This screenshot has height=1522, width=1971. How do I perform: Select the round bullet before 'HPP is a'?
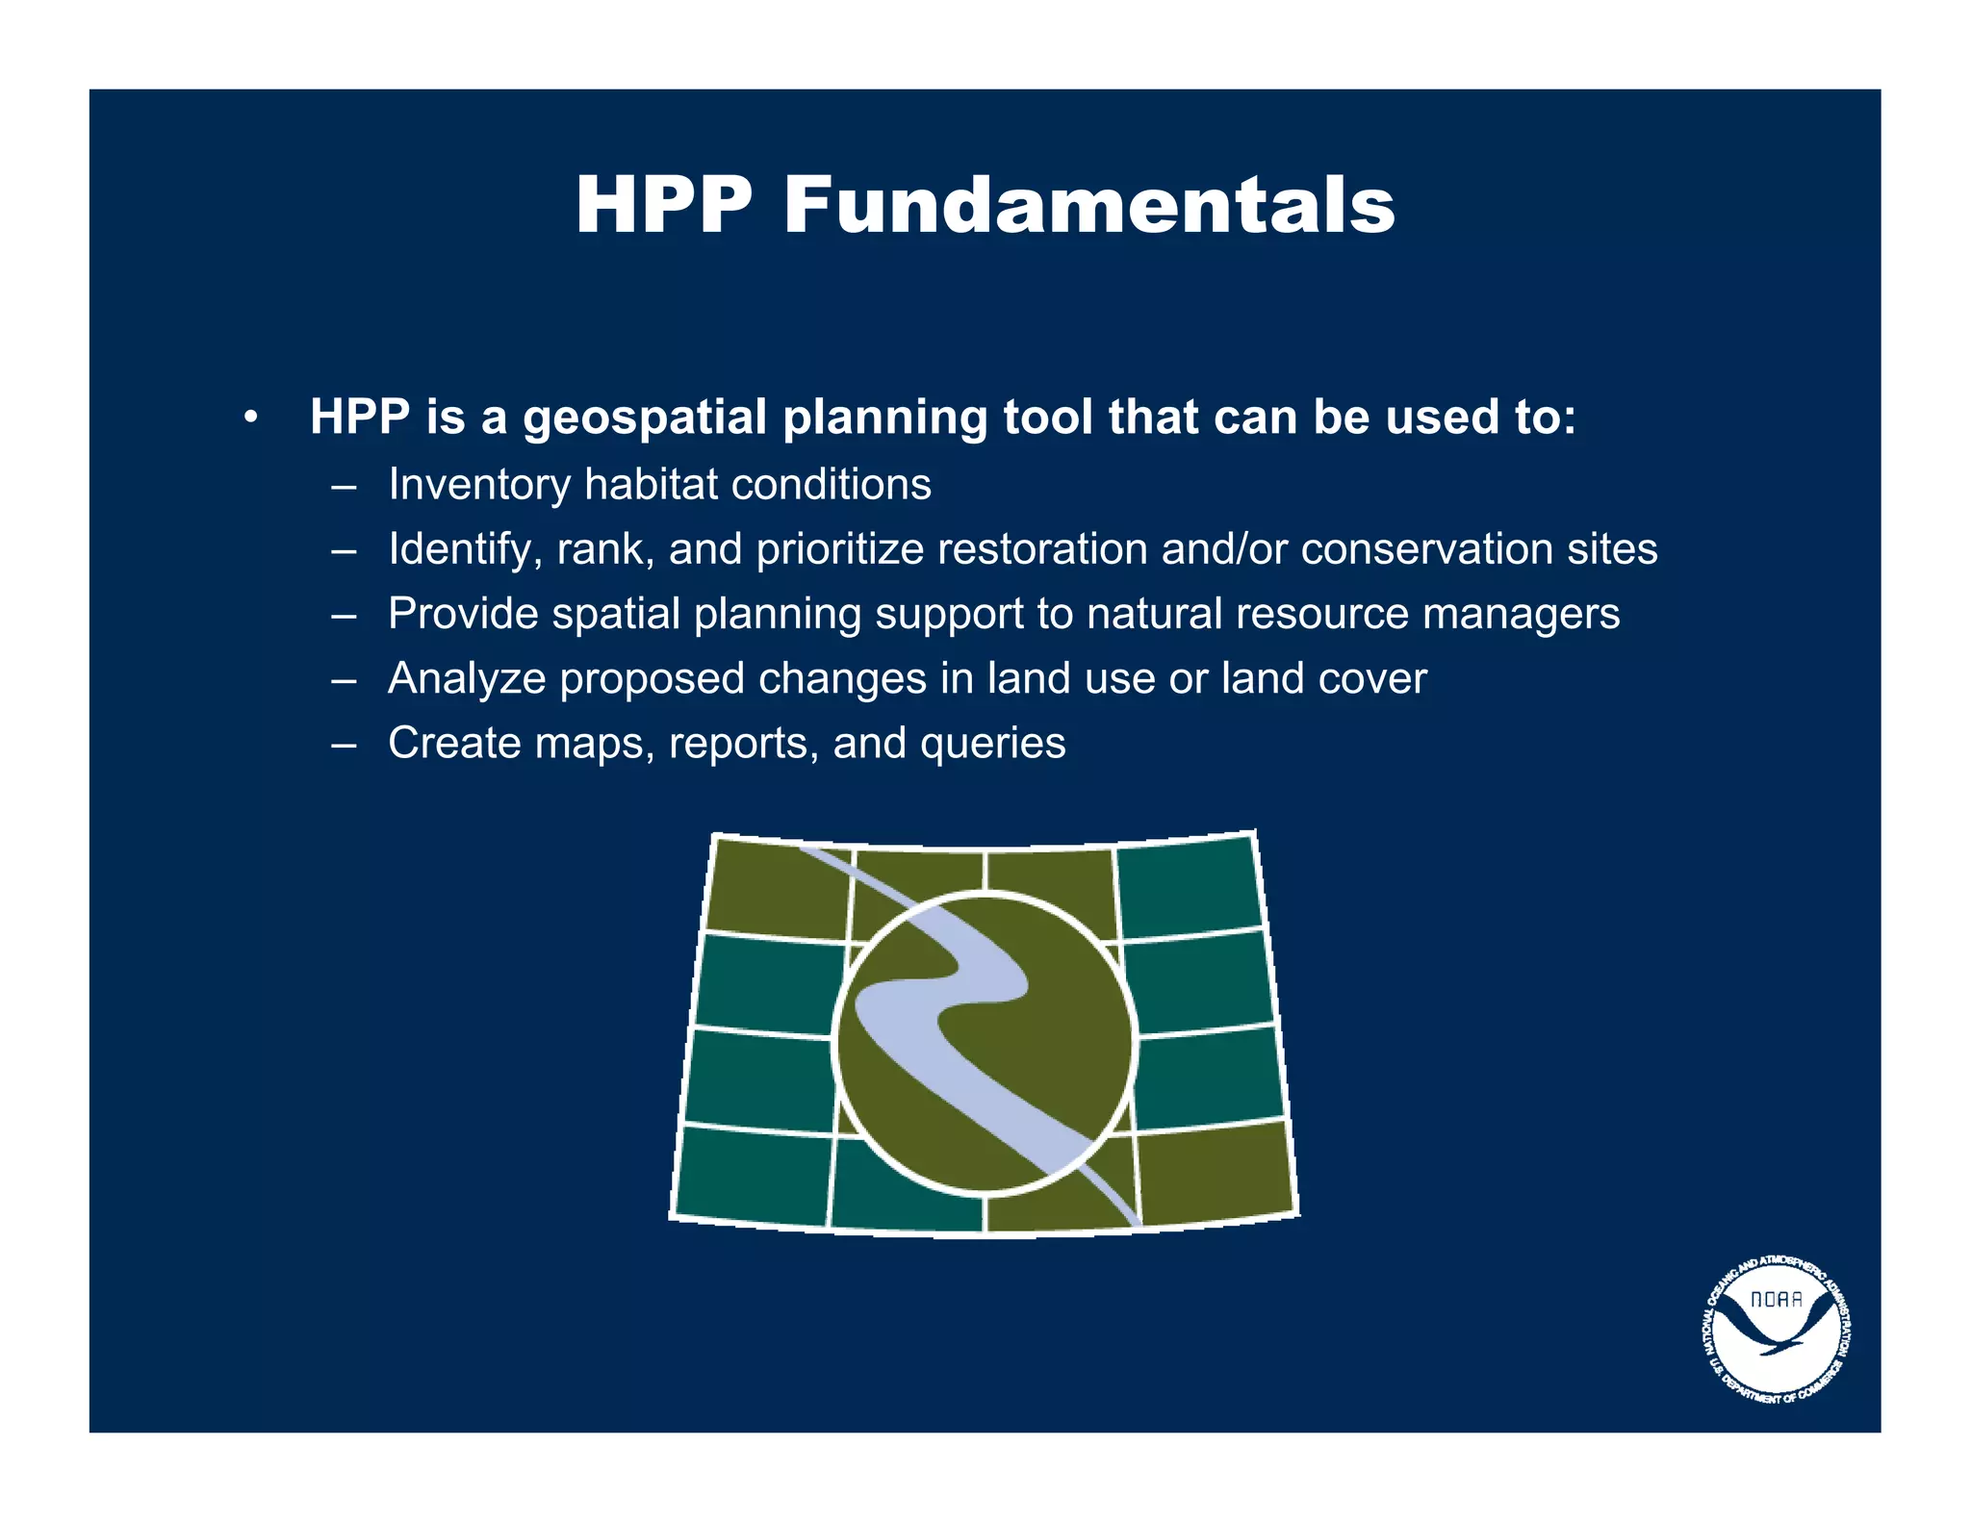coord(250,419)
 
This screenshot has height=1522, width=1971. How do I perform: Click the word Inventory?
coord(478,484)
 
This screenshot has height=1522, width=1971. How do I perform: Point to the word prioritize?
coord(840,549)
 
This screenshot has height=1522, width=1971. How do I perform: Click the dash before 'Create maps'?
coord(343,744)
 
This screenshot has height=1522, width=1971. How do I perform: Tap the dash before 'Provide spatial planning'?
coord(343,614)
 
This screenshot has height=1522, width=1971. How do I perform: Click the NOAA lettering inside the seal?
coord(1777,1299)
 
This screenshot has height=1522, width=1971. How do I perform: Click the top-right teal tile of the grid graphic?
coord(1190,886)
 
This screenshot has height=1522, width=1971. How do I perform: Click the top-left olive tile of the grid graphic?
coord(778,886)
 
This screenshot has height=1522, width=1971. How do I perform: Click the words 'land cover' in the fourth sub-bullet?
coord(1323,679)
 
